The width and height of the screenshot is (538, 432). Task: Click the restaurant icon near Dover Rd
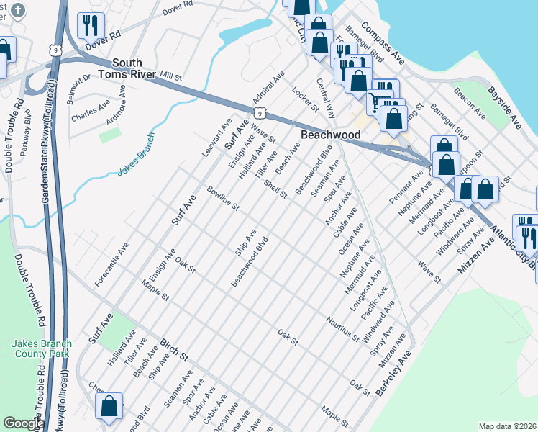[90, 26]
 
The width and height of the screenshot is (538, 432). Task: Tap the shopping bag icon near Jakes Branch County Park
[109, 405]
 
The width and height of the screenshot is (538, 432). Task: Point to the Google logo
[24, 423]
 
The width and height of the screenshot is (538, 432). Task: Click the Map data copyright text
[508, 426]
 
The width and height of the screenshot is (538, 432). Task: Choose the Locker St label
[305, 99]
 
